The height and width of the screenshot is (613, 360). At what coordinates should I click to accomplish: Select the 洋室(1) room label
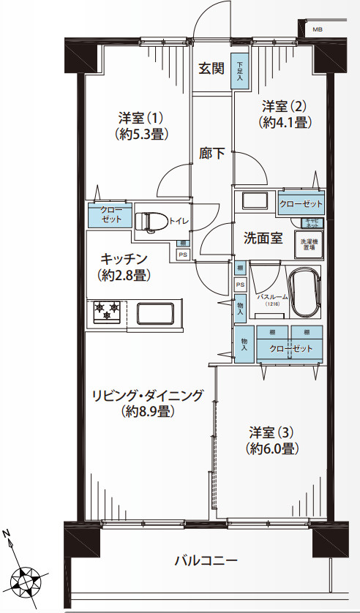(140, 118)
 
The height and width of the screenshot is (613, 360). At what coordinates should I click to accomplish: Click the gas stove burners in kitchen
(107, 310)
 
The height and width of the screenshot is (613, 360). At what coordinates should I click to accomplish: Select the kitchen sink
(157, 313)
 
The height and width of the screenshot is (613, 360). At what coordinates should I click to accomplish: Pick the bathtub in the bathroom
(304, 292)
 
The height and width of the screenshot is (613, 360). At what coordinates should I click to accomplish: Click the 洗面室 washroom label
(263, 238)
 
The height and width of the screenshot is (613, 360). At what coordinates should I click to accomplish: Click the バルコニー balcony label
(206, 561)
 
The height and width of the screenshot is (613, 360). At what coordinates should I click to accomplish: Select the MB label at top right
(317, 29)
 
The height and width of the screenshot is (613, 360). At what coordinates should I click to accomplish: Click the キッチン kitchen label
(125, 259)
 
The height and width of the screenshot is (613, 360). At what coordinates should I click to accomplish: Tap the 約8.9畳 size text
(147, 412)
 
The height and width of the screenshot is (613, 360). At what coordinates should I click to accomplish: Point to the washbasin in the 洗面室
(255, 201)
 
